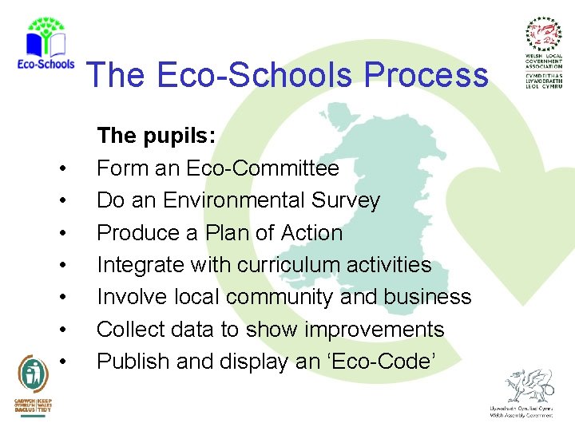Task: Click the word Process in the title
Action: pyautogui.click(x=426, y=75)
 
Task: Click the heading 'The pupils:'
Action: pyautogui.click(x=156, y=136)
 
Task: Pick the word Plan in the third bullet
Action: pyautogui.click(x=229, y=233)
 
